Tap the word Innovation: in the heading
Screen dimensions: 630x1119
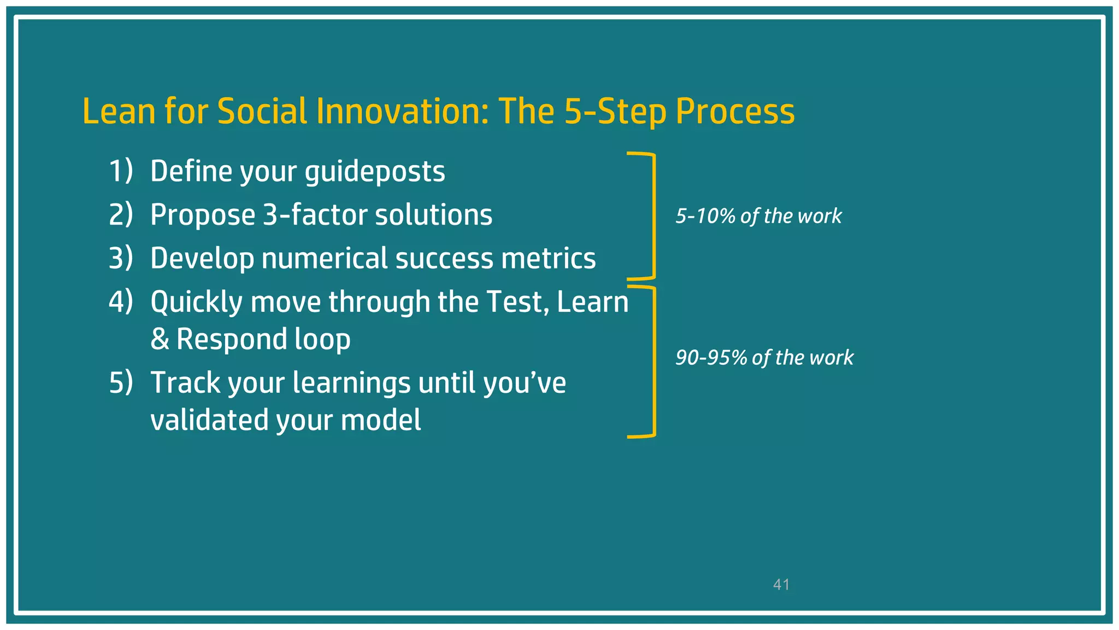click(402, 112)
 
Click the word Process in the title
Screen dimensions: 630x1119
click(735, 112)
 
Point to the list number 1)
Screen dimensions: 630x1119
click(121, 171)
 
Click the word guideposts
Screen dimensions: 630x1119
click(375, 172)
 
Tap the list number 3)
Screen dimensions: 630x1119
click(121, 258)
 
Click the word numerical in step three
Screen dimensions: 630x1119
click(325, 258)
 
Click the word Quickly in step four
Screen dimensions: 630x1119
click(196, 302)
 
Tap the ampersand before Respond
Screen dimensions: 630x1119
click(160, 340)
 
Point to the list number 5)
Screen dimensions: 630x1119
click(121, 382)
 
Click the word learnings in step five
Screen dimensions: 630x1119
click(351, 382)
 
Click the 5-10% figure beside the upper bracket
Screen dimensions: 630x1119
click(705, 216)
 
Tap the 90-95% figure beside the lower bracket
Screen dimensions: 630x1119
click(711, 358)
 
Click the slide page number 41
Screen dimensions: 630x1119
click(781, 585)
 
